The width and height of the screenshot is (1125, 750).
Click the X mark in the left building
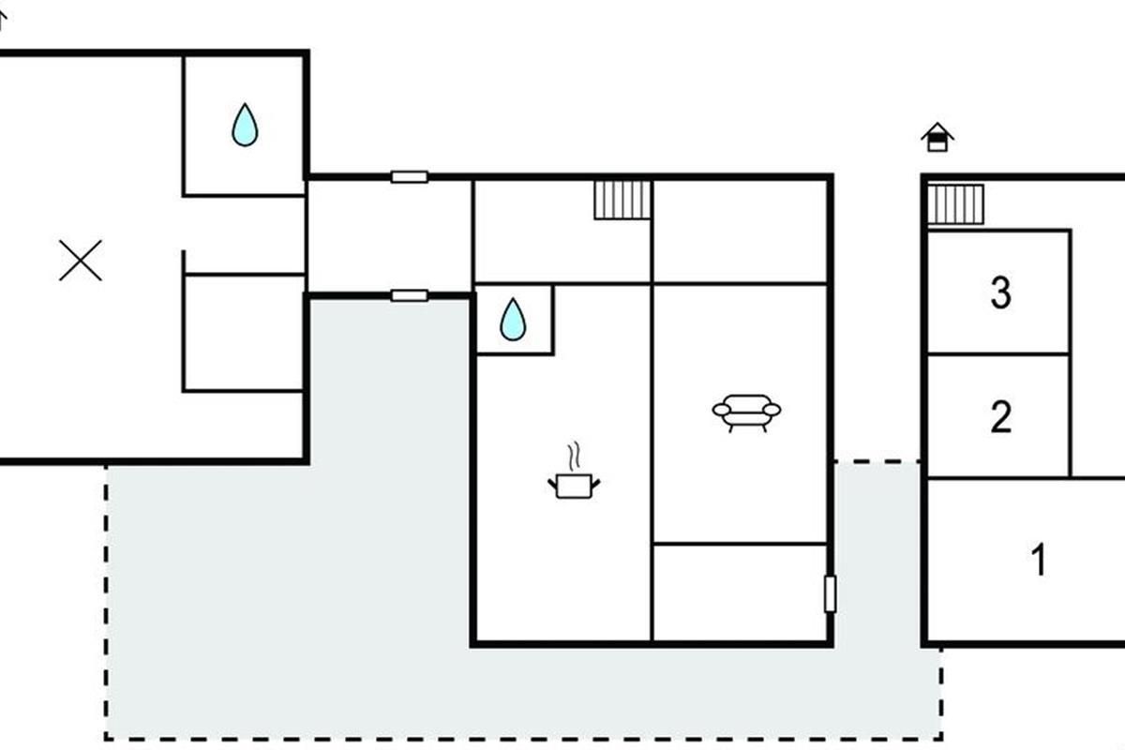coord(81,261)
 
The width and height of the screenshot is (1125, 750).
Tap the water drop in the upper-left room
coord(245,125)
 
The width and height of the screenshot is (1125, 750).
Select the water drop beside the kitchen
coord(513,320)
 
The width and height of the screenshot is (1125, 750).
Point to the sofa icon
coord(747,412)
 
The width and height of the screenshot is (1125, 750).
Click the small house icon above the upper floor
coord(937,137)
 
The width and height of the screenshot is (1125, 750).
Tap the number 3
coord(1000,292)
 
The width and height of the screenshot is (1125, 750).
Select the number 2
coord(1000,416)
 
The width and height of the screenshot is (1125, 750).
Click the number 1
coord(1039,559)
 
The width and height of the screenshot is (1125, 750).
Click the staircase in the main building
coord(622,200)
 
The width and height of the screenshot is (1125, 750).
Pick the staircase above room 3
coord(955,204)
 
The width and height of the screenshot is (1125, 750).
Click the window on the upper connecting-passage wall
coord(410,177)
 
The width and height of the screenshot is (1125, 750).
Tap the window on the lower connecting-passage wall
coord(410,295)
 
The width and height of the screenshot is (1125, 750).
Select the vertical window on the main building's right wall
coord(831,594)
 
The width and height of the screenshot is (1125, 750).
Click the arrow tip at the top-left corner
coord(2,13)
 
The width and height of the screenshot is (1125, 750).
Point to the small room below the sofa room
coord(740,592)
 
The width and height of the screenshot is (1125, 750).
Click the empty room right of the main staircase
coord(740,232)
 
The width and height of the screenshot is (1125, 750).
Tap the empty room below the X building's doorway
coord(244,333)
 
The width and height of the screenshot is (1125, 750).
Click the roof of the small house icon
coord(937,129)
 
